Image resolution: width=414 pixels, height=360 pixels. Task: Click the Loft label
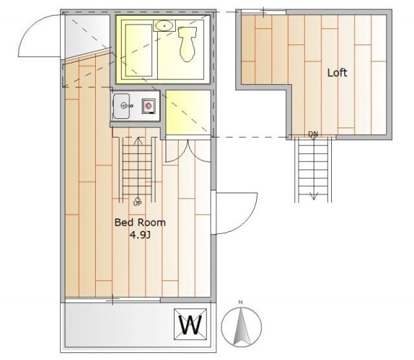pyautogui.click(x=337, y=72)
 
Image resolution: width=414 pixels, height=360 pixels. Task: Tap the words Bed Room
pyautogui.click(x=140, y=222)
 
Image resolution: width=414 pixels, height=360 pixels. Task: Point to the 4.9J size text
pyautogui.click(x=140, y=235)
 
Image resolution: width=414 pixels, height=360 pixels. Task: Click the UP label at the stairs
pyautogui.click(x=137, y=204)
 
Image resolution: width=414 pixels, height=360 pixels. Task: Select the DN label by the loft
pyautogui.click(x=313, y=134)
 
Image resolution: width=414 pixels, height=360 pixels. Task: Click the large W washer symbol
pyautogui.click(x=190, y=324)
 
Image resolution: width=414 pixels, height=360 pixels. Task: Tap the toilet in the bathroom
pyautogui.click(x=188, y=44)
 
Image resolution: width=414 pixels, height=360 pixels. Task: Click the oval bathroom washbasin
pyautogui.click(x=164, y=26)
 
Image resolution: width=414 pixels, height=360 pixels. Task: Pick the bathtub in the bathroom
pyautogui.click(x=138, y=50)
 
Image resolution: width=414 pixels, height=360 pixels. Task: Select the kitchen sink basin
pyautogui.click(x=122, y=106)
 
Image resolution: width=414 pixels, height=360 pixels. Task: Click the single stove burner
pyautogui.click(x=148, y=106)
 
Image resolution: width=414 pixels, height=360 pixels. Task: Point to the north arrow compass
pyautogui.click(x=241, y=327)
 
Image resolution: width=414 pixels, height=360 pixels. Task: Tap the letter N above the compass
pyautogui.click(x=241, y=302)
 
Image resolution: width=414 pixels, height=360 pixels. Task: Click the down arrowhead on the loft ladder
pyautogui.click(x=314, y=196)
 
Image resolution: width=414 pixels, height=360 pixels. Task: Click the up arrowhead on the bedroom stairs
pyautogui.click(x=138, y=141)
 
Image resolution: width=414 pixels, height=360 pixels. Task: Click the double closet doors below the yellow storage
pyautogui.click(x=188, y=151)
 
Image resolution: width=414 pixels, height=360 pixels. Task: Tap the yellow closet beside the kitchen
pyautogui.click(x=188, y=112)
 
